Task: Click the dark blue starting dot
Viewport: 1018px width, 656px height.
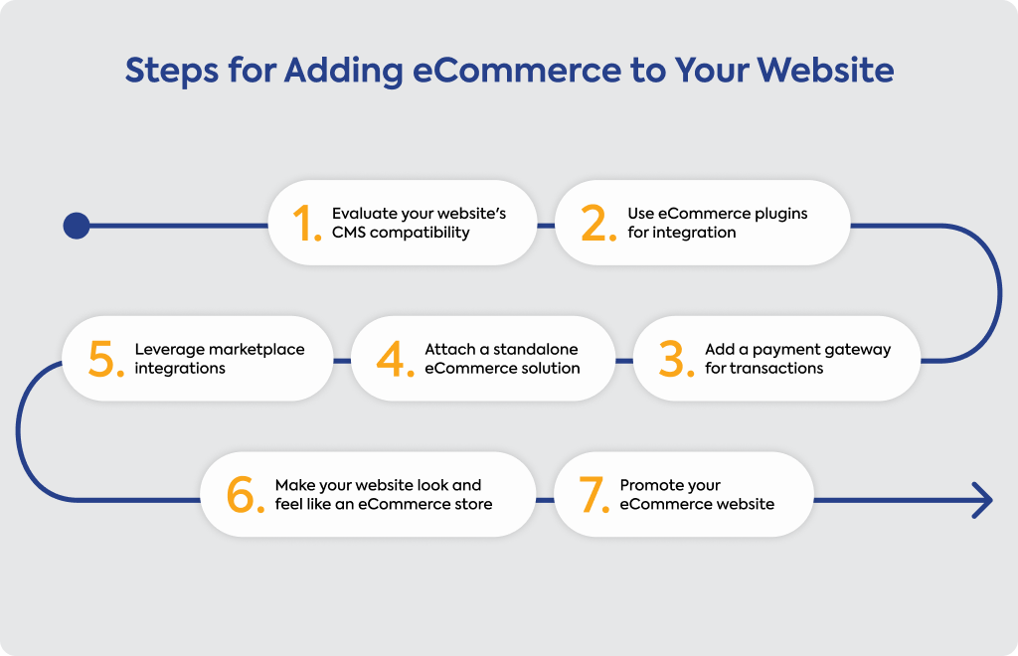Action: coord(77,226)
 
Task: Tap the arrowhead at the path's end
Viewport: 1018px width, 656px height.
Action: coord(983,500)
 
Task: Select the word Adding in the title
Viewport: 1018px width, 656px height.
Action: coord(343,71)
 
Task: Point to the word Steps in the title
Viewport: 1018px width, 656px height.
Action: coord(171,72)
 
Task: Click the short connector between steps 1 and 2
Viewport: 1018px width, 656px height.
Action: coord(546,226)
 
